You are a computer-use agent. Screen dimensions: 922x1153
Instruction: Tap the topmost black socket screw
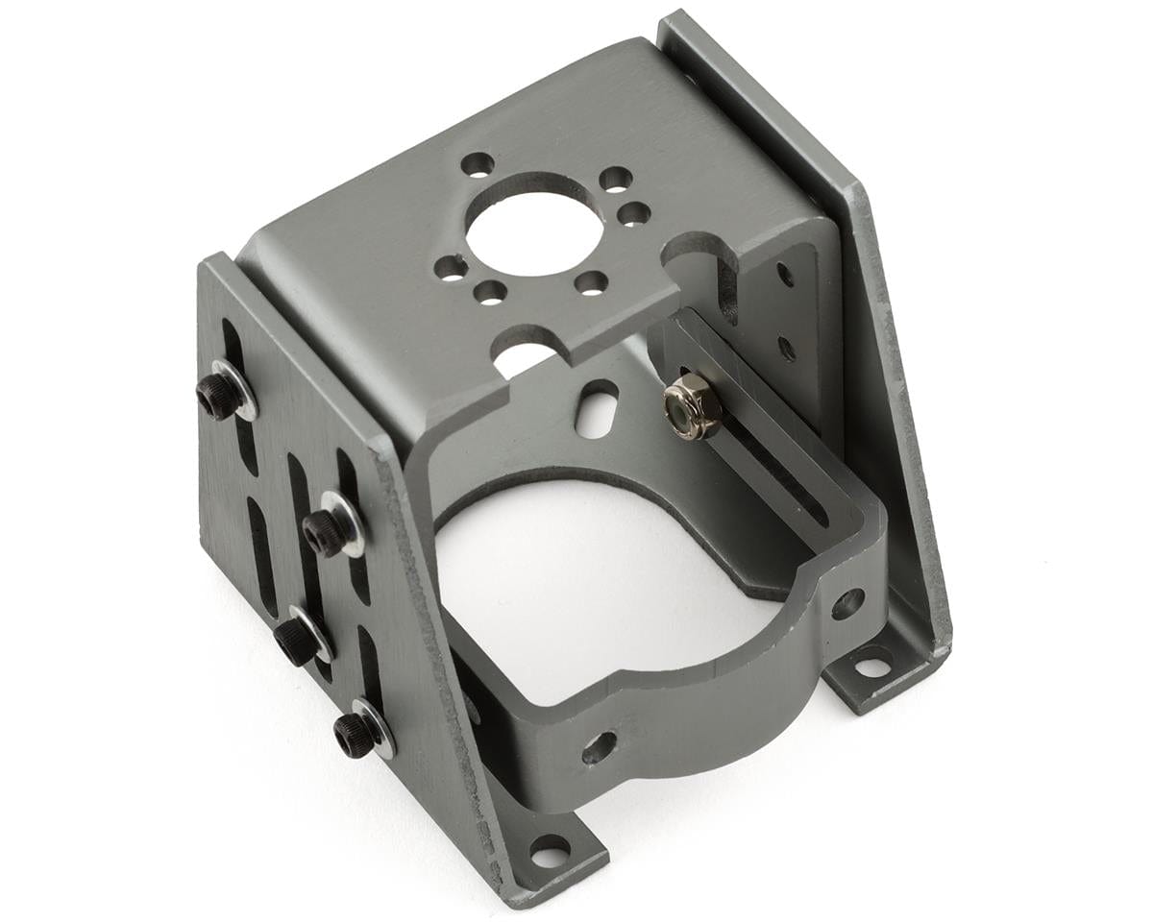[218, 395]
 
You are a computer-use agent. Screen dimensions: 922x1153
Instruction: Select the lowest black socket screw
[355, 735]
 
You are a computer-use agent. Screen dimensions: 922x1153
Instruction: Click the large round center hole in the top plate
[534, 225]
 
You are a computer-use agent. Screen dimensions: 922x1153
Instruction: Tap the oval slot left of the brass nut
[598, 408]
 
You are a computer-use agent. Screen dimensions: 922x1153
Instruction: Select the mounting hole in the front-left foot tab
[549, 851]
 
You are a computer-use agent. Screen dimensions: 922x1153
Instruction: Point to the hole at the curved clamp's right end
[847, 603]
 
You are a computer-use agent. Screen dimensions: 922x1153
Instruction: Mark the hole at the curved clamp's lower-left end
[599, 746]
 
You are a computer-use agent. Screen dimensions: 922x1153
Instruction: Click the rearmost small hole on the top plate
[478, 164]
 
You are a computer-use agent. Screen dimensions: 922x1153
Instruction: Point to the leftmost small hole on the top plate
[451, 267]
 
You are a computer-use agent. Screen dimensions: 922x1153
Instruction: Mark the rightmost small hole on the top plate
[633, 213]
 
